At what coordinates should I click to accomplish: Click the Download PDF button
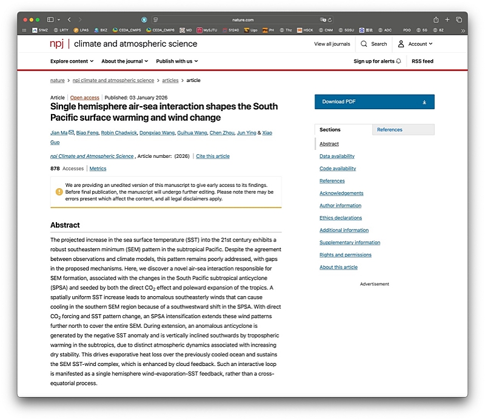click(x=374, y=102)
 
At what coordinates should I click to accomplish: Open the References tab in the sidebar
click(x=389, y=129)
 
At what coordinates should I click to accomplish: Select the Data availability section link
click(x=337, y=156)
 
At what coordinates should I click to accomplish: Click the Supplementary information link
click(x=350, y=242)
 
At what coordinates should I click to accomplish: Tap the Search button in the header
click(x=373, y=44)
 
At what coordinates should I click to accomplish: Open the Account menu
click(x=415, y=44)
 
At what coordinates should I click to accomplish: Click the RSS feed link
click(x=423, y=61)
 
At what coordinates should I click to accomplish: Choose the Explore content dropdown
click(x=72, y=61)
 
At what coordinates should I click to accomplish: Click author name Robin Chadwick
click(x=118, y=132)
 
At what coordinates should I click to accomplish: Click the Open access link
click(x=85, y=97)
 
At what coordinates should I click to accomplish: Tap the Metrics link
click(x=98, y=168)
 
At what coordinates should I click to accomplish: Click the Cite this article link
click(x=213, y=156)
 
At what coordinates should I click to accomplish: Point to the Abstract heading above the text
click(x=65, y=225)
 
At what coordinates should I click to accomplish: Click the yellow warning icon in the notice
click(x=59, y=191)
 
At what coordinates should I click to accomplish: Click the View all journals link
click(x=332, y=44)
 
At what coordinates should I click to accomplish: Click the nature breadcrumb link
click(x=58, y=80)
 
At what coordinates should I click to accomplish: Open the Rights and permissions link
click(x=346, y=255)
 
